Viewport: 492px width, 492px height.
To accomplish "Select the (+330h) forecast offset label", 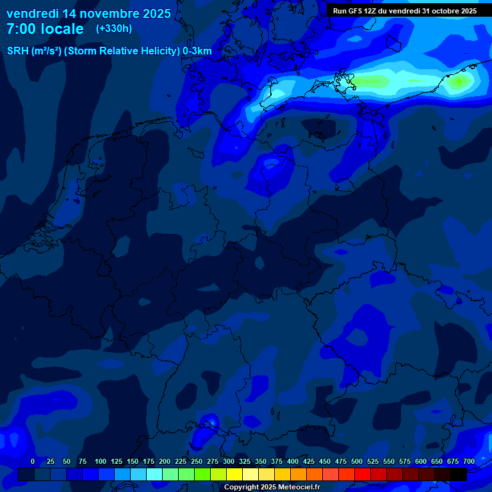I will (114, 29).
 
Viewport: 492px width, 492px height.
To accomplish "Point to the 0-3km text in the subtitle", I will (197, 51).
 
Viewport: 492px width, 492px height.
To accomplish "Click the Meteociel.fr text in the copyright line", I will (295, 488).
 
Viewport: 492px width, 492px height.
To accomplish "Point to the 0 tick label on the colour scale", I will (33, 461).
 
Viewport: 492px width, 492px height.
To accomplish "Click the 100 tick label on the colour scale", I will (101, 461).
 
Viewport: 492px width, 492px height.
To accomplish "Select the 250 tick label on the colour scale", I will (197, 461).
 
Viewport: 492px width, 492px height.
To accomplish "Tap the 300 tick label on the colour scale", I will (229, 461).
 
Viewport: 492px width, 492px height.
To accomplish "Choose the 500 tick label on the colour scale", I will (357, 461).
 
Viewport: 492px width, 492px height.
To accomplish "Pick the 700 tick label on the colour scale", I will (469, 461).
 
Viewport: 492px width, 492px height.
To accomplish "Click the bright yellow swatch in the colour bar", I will (234, 474).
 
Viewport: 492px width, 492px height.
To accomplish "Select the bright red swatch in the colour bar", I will (363, 474).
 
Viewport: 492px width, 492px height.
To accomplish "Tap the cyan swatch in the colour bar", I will (154, 474).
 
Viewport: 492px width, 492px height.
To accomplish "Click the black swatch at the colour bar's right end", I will (459, 474).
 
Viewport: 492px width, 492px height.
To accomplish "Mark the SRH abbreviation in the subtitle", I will (17, 51).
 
